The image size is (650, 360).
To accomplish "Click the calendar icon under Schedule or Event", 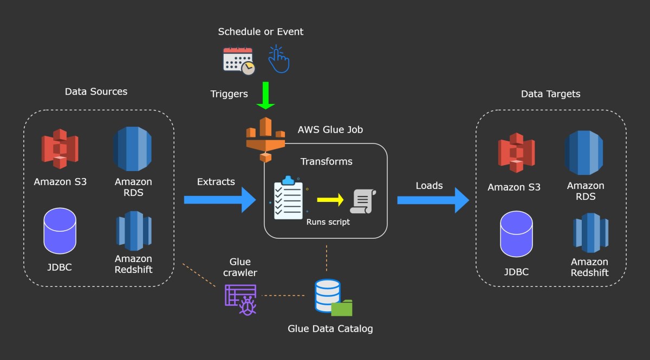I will (238, 61).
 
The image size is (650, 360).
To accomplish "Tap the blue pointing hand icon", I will (279, 59).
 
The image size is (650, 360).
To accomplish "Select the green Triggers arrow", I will (266, 95).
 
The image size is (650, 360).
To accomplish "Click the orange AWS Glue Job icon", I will (265, 139).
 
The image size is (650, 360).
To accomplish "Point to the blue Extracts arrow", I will (219, 200).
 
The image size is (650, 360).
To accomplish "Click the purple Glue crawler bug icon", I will (241, 299).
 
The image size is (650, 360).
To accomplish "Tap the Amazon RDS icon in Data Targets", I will (584, 153).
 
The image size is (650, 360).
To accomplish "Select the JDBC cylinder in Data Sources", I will (60, 231).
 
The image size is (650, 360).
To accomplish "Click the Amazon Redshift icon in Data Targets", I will (590, 233).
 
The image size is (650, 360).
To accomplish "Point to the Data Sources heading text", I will (96, 91).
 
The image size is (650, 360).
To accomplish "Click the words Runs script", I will (328, 222).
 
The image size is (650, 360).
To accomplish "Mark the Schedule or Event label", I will (261, 31).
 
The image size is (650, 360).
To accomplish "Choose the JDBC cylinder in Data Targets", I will (516, 234).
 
